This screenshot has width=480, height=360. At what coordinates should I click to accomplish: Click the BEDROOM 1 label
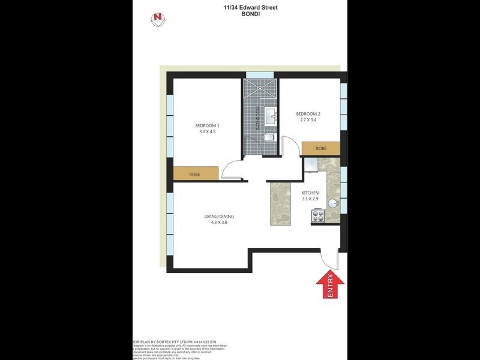(207, 125)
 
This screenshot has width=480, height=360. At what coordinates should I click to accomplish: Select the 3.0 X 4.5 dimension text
(207, 132)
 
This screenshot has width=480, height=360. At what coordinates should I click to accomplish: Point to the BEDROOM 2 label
(308, 114)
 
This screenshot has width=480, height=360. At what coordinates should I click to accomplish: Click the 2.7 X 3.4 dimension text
(308, 121)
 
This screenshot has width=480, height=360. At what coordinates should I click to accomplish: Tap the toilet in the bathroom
(268, 139)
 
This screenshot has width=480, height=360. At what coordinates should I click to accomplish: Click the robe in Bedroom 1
(194, 174)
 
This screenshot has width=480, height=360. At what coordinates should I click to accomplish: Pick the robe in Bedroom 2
(321, 148)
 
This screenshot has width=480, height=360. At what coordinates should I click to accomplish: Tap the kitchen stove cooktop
(317, 217)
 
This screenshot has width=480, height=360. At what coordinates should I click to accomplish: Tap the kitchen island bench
(280, 203)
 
